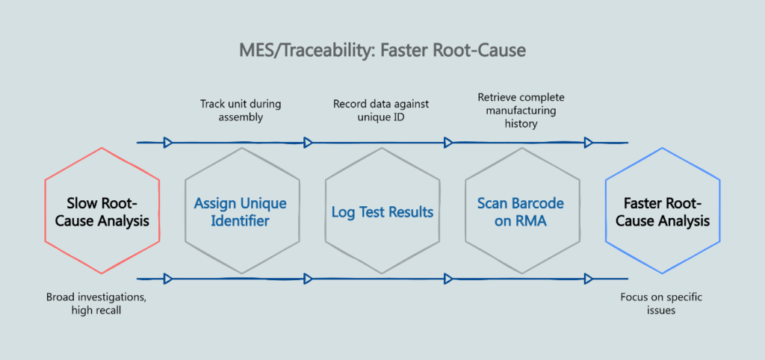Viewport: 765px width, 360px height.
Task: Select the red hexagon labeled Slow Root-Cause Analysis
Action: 102,211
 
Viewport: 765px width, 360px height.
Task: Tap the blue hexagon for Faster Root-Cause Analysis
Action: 662,211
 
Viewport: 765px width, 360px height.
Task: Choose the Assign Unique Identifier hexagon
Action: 240,211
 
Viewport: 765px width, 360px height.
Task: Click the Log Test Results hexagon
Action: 382,212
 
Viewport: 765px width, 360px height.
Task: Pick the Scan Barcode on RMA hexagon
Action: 521,211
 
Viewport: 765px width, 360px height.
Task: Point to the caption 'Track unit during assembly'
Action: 240,111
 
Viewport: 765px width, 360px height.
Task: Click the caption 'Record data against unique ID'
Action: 382,111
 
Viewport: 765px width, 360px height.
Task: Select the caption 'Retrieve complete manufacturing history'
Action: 521,111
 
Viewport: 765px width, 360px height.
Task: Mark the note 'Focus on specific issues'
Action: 661,304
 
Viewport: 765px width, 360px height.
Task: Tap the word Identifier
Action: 240,221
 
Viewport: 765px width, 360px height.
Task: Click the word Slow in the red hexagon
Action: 82,203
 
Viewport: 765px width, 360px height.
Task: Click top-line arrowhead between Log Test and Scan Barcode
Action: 448,142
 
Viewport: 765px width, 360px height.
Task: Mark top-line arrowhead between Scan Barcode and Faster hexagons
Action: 589,142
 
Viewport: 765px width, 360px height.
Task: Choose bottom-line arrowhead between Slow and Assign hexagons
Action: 168,279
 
